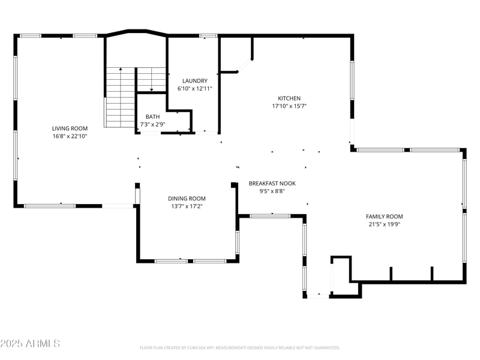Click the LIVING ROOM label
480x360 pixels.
click(x=70, y=128)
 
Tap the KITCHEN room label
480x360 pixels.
click(x=289, y=98)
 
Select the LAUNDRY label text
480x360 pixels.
click(x=195, y=81)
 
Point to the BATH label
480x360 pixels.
click(x=153, y=116)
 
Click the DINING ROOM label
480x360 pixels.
click(x=187, y=199)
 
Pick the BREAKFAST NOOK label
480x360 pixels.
click(x=272, y=184)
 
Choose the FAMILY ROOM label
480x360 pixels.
click(x=385, y=217)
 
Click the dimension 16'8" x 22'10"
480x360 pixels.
click(x=70, y=136)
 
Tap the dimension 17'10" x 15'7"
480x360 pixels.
click(x=289, y=106)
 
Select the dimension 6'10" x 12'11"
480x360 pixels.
click(x=195, y=89)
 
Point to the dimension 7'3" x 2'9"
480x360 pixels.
click(x=153, y=125)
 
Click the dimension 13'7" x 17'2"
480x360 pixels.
click(x=187, y=206)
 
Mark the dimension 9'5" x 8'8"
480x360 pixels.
click(x=272, y=191)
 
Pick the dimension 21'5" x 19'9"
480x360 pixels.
click(x=385, y=224)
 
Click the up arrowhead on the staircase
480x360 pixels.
click(x=121, y=69)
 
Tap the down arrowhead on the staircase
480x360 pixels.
click(x=152, y=89)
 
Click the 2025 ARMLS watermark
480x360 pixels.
click(x=30, y=343)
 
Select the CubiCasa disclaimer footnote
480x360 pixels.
click(x=239, y=348)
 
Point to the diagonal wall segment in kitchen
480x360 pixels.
click(x=245, y=65)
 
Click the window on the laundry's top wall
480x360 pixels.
click(x=208, y=36)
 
